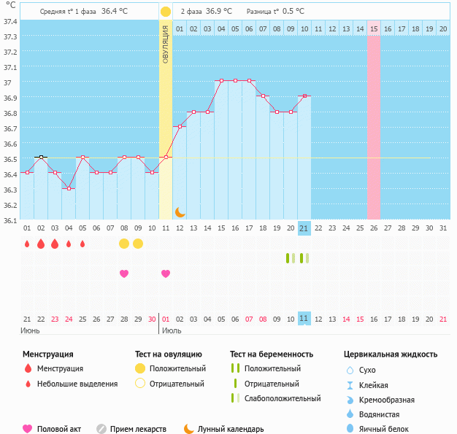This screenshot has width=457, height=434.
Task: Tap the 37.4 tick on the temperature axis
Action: point(11,21)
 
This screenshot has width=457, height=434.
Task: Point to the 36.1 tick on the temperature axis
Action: point(11,220)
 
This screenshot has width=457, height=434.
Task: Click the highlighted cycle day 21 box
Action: point(304,228)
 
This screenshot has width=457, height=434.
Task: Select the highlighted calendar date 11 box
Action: point(304,319)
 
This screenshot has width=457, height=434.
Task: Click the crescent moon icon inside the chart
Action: point(180,212)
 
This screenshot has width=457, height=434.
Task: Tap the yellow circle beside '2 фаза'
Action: point(166,12)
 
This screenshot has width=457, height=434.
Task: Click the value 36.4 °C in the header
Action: point(115,12)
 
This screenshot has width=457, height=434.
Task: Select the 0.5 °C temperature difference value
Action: point(293,12)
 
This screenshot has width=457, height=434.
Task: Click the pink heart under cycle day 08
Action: point(124,274)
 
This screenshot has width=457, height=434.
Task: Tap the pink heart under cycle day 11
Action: point(166,274)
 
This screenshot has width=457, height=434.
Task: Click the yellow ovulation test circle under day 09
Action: point(138,243)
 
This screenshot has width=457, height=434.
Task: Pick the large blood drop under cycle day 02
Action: point(41,243)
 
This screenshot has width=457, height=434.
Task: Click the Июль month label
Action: point(172,330)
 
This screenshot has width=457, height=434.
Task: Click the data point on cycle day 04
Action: point(69,188)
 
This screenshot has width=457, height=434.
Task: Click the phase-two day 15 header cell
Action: point(374,28)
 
